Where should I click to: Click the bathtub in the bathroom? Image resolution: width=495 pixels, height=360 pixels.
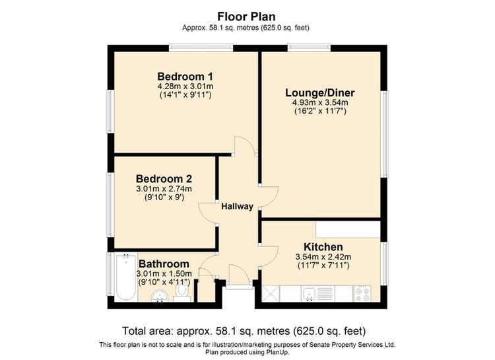[x=126, y=277]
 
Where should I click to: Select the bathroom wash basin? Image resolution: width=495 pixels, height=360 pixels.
[x=160, y=296]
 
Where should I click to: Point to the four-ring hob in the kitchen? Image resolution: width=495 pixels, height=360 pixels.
[x=362, y=294]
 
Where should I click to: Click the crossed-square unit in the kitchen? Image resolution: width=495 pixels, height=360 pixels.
[x=271, y=294]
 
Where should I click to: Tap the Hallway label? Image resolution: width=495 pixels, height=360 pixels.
[x=237, y=206]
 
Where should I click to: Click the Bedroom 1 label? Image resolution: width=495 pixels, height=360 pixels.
[x=185, y=77]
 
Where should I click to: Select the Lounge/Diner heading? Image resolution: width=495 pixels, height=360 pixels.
[x=320, y=92]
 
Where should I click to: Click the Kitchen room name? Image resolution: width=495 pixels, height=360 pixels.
[x=323, y=246]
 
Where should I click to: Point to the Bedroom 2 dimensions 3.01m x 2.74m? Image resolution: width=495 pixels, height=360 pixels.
[x=164, y=189]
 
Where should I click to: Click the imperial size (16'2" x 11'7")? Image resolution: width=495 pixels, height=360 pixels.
[x=320, y=111]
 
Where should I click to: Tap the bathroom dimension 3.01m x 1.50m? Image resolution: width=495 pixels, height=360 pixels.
[x=164, y=273]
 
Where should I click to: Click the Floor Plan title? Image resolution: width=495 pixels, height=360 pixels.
[x=246, y=16]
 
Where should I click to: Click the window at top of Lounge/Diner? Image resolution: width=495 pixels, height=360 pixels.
[x=309, y=48]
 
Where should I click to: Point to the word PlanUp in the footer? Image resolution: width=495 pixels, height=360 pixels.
[x=277, y=352]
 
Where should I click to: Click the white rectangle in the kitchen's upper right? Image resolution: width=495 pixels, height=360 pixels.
[x=348, y=229]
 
